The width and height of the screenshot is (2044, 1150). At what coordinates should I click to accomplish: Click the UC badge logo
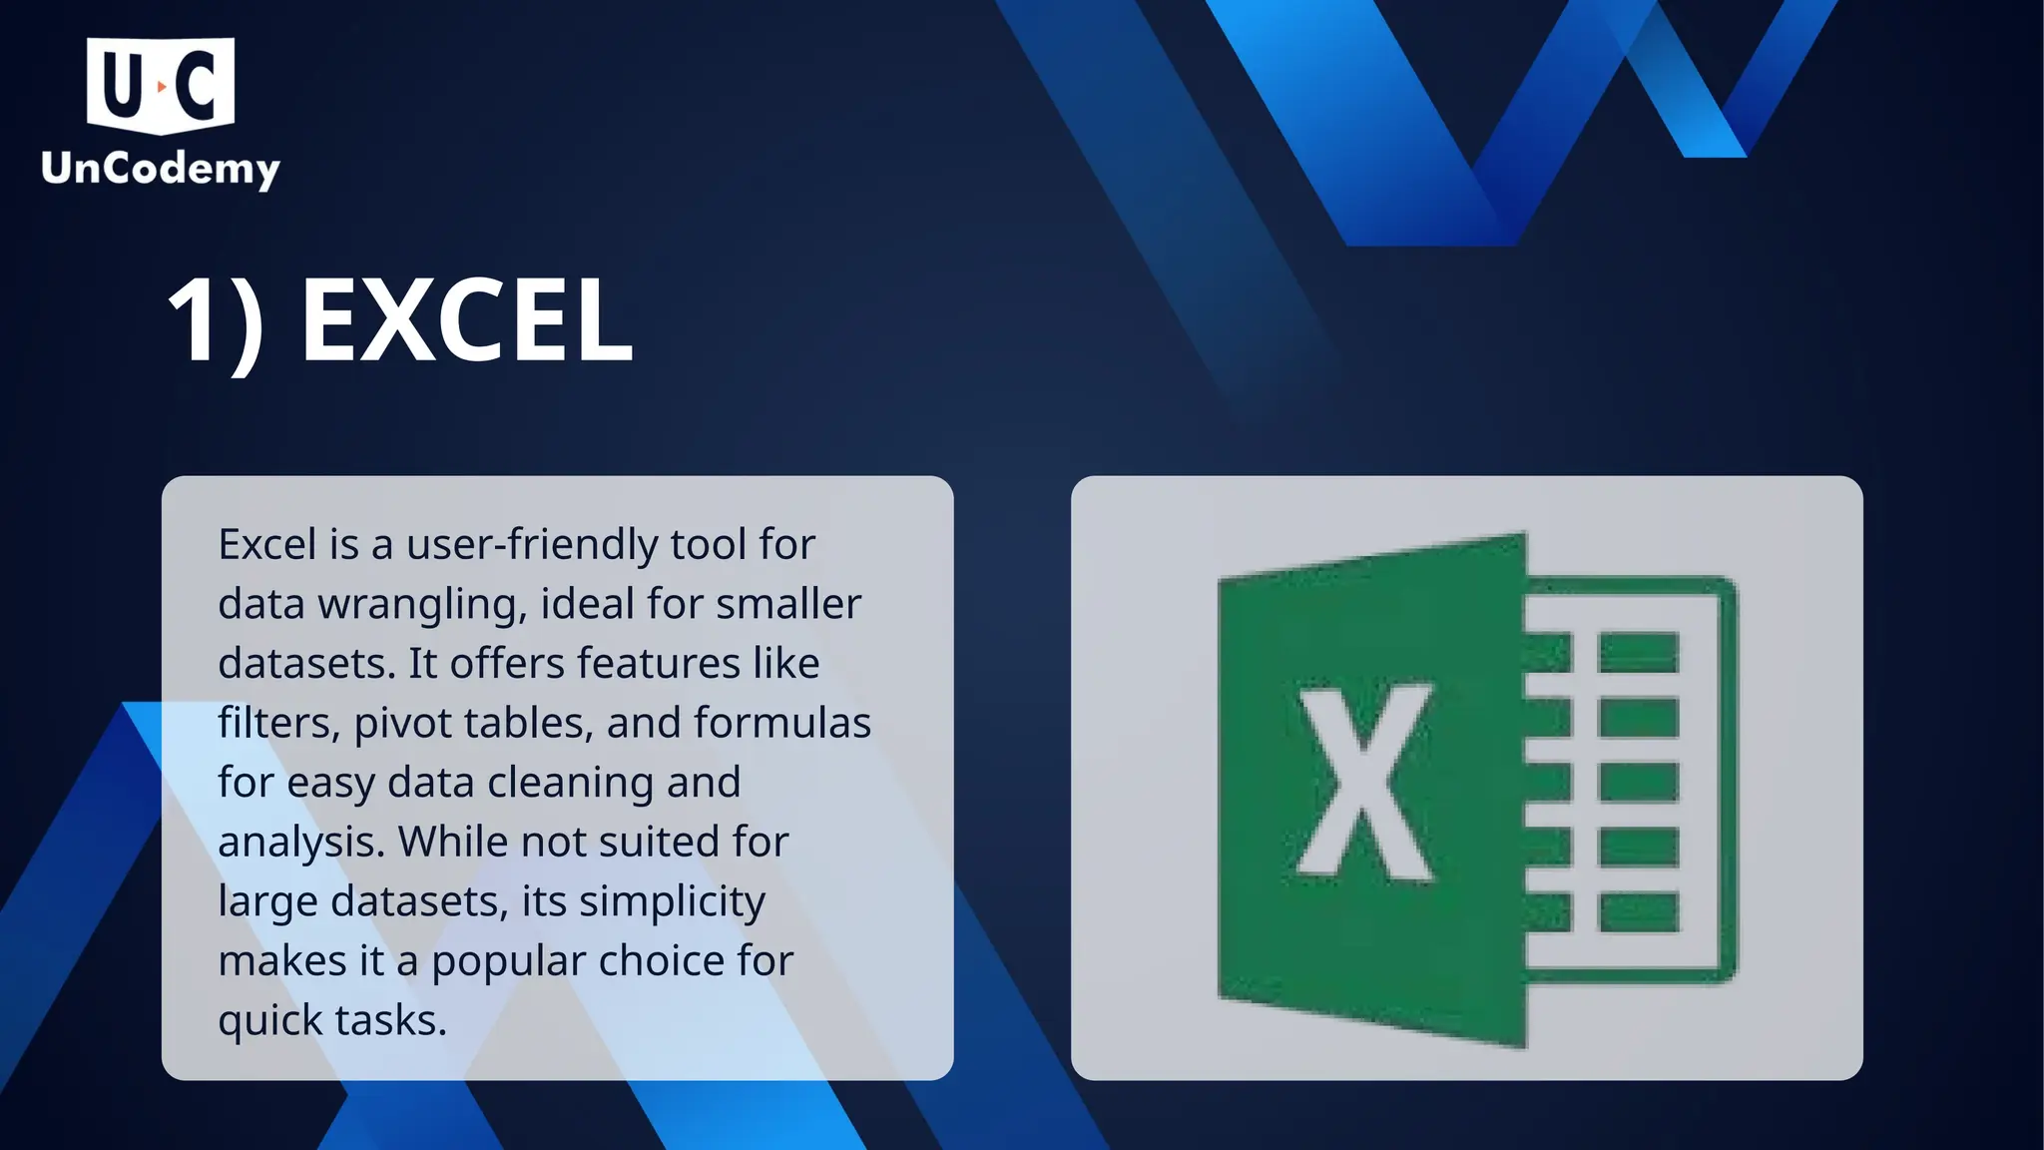[x=161, y=86]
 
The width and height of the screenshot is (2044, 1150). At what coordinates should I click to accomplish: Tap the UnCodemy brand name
[x=161, y=169]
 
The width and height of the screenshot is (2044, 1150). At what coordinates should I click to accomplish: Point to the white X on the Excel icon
[x=1365, y=784]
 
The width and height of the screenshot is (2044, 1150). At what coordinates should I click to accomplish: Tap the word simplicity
[x=672, y=902]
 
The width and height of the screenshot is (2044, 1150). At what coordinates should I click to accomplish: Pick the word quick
[x=269, y=1021]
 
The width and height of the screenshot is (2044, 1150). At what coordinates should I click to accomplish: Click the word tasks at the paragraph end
[x=390, y=1020]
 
